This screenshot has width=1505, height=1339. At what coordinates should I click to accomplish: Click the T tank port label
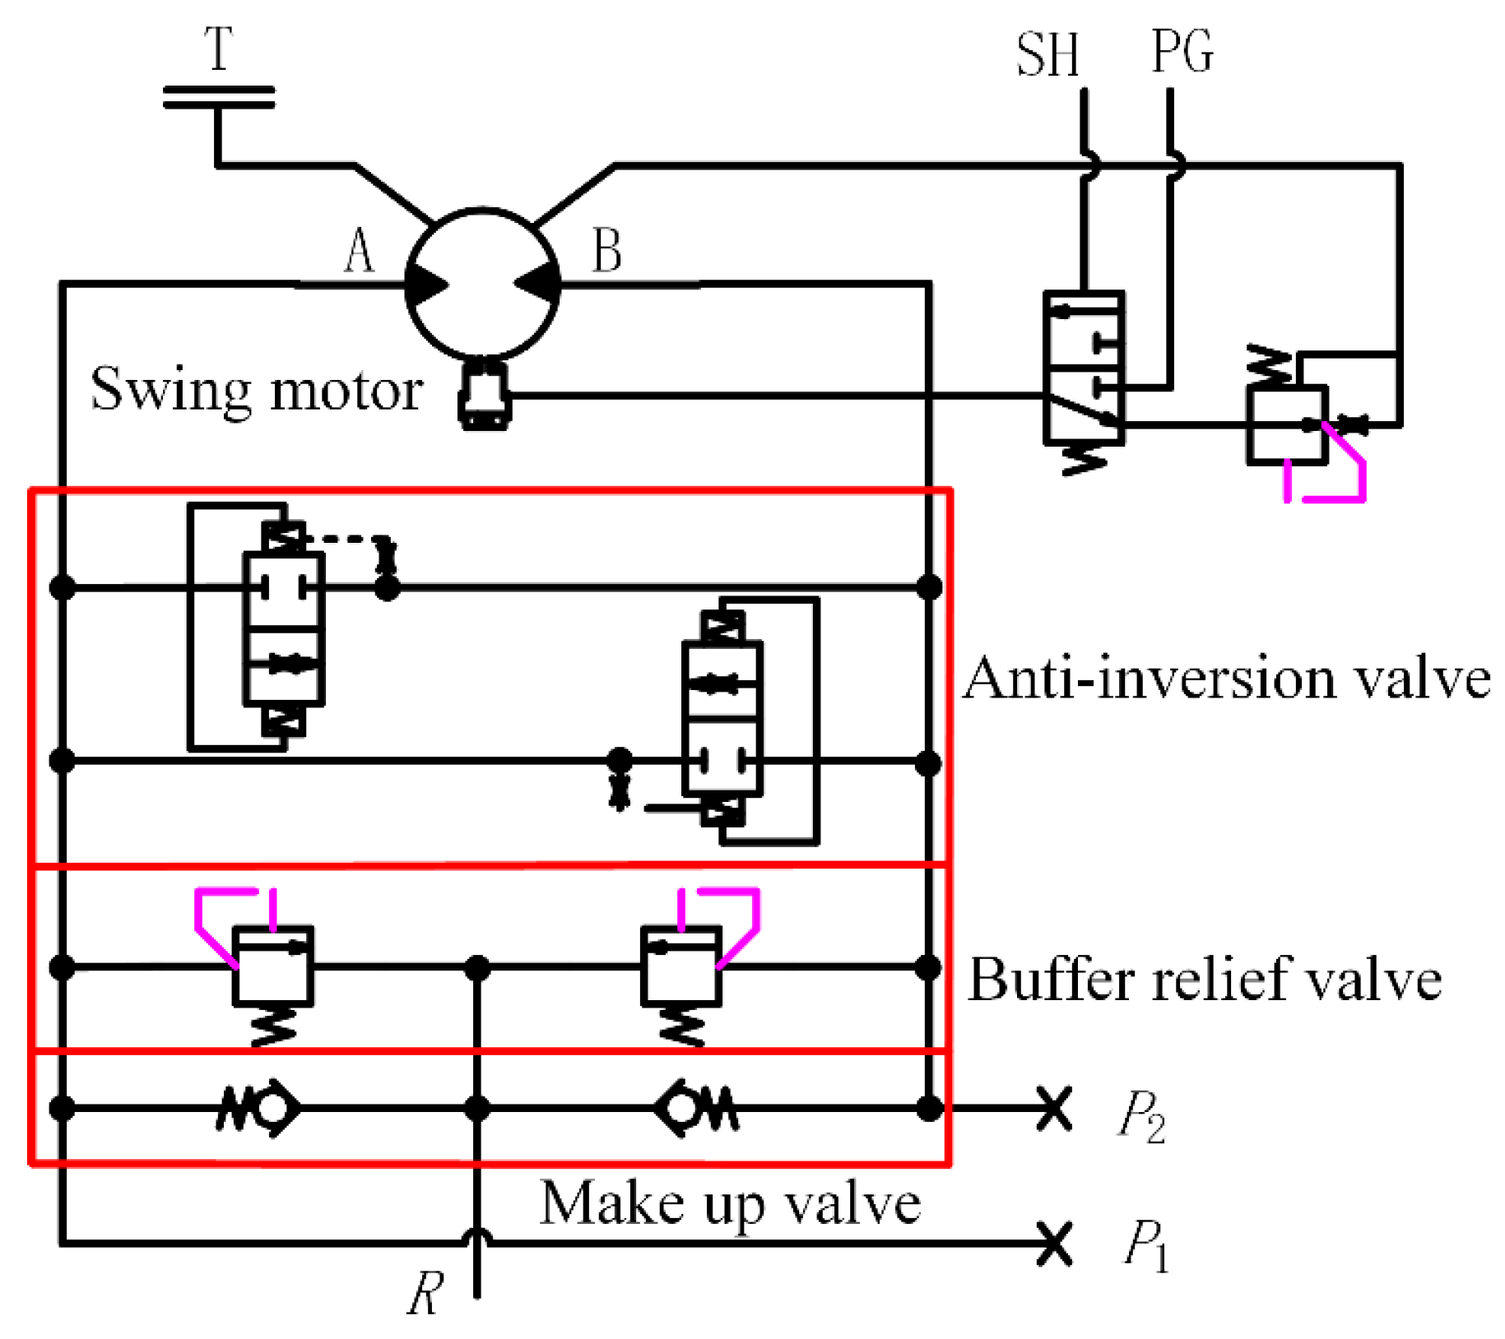point(219,49)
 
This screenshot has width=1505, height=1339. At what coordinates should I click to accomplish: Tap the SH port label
point(1047,55)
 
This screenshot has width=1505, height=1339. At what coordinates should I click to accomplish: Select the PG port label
point(1182,52)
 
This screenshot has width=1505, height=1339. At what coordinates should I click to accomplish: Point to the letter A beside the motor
point(359,251)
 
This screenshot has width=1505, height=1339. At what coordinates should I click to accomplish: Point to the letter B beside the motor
point(607,251)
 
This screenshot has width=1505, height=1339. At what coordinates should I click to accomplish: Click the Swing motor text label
point(257,390)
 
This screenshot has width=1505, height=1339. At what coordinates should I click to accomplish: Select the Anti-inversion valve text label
point(1226,679)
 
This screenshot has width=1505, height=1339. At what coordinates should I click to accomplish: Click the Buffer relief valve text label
point(1204,980)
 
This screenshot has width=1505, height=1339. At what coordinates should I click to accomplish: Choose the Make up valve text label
point(729,1204)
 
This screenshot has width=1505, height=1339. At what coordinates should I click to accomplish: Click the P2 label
point(1141,1116)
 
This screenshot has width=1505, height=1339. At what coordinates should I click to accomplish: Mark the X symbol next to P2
point(1053,1110)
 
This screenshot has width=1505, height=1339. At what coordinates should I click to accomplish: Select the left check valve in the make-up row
point(259,1108)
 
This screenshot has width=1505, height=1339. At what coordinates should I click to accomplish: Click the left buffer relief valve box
point(272,966)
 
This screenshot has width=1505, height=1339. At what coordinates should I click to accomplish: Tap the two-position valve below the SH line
point(1083,368)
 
